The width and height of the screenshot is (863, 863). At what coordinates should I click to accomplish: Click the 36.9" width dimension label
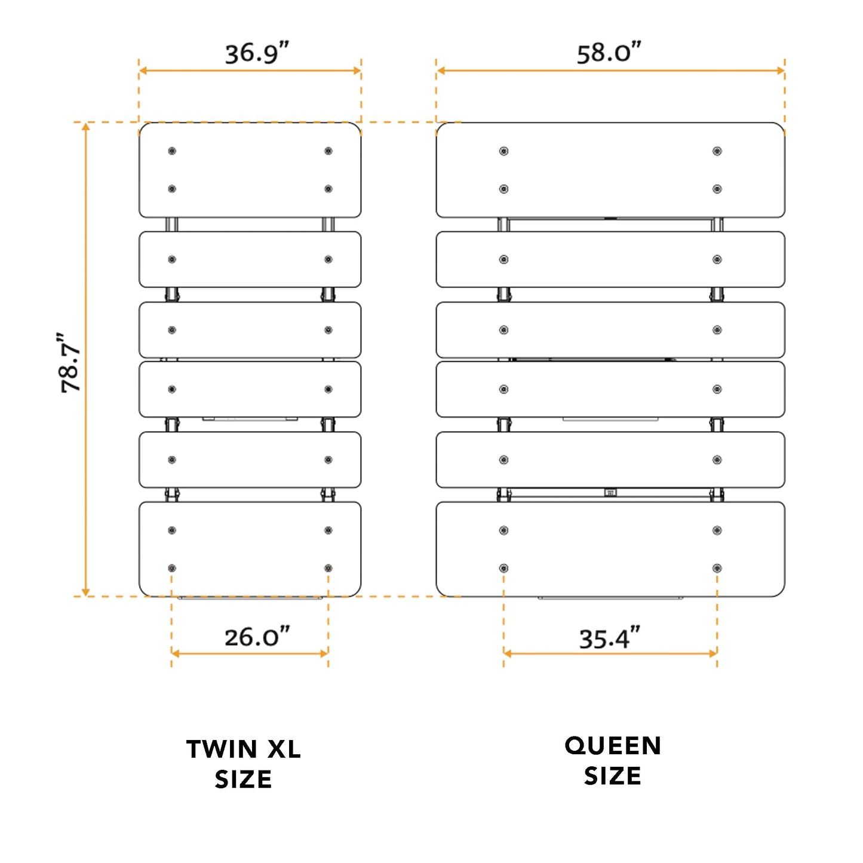point(257,53)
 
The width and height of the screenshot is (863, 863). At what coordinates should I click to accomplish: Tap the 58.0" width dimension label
point(609,53)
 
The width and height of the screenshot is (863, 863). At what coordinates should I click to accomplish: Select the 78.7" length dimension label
point(70,363)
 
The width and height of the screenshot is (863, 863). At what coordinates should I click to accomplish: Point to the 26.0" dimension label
point(257,637)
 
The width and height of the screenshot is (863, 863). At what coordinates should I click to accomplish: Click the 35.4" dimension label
point(610,638)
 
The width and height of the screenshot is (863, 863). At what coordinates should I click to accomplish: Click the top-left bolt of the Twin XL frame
point(172,151)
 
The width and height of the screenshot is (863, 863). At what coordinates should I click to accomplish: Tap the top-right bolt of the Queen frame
point(717,151)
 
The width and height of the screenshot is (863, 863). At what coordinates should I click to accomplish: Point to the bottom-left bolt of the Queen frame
point(504,569)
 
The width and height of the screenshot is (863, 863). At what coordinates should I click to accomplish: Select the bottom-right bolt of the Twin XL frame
point(328,569)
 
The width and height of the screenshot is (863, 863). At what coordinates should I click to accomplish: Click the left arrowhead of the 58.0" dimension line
point(441,70)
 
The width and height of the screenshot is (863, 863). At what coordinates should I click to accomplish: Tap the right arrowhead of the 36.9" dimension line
point(357,70)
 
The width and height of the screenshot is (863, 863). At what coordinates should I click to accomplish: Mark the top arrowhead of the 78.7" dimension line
point(86,127)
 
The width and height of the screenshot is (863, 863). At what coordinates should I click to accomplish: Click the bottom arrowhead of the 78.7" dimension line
point(86,592)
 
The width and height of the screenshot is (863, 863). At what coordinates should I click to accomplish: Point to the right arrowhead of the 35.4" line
point(713,654)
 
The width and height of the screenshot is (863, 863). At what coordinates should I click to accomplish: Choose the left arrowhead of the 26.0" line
point(176,654)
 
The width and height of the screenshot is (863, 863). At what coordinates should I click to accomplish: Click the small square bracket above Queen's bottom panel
point(610,493)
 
